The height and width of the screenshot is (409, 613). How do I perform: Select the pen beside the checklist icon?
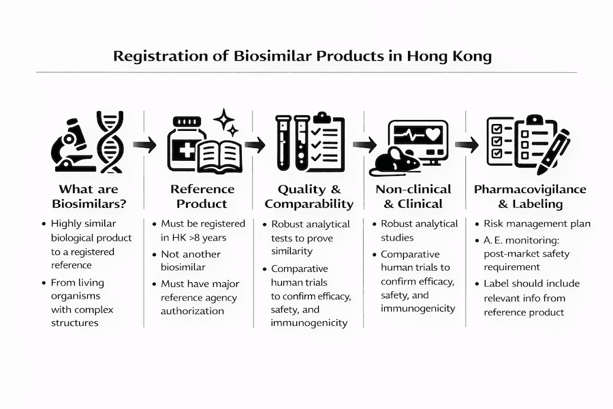pyautogui.click(x=555, y=146)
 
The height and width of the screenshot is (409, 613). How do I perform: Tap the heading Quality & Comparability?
pyautogui.click(x=309, y=196)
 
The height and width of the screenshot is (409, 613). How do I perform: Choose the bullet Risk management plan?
pyautogui.click(x=537, y=224)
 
